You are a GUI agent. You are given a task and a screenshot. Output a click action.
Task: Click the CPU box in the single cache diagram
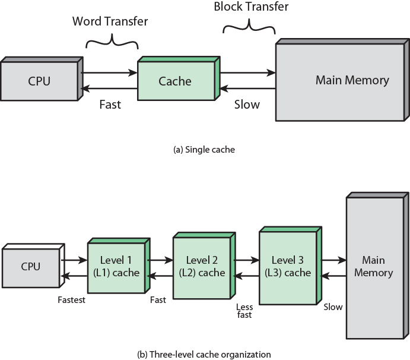[40, 81]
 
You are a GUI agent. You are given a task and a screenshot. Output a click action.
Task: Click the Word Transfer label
[110, 21]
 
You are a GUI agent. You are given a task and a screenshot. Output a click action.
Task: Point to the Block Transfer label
[251, 7]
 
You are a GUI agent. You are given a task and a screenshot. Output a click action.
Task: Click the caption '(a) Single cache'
[204, 150]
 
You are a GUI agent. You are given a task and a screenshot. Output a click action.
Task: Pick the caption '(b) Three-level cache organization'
[204, 354]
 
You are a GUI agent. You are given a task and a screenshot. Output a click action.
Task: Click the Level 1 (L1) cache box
[116, 267]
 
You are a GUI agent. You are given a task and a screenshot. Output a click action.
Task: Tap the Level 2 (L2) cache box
[202, 266]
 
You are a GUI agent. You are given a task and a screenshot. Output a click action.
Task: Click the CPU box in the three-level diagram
[31, 266]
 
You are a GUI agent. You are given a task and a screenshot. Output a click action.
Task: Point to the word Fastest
[71, 300]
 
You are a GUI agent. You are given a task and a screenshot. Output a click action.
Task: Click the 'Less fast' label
[244, 311]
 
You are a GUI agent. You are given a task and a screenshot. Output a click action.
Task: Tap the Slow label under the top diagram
[247, 105]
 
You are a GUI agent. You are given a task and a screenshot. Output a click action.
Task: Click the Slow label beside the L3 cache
[333, 307]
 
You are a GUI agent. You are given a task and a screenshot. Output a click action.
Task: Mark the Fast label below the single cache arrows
[110, 105]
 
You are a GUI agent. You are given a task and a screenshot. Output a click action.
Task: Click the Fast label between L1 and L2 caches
[158, 300]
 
